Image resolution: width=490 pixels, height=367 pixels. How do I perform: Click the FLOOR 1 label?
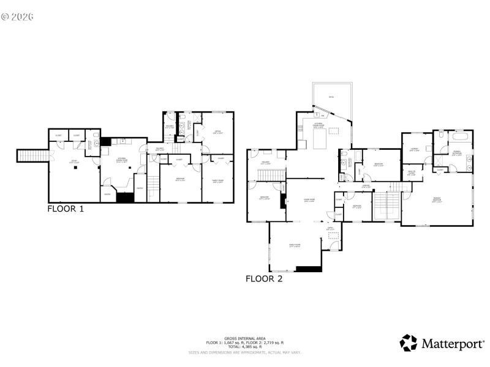point(66,209)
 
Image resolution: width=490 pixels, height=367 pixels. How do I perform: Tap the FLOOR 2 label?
point(264,279)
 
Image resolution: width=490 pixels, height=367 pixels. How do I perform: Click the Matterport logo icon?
point(409,343)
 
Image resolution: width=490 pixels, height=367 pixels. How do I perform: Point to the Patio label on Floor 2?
point(331,97)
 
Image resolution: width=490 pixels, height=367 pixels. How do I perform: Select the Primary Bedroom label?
point(436,200)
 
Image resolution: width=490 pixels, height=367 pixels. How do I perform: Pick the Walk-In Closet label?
point(412,172)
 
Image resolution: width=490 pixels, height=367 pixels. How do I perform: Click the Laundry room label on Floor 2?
point(413,149)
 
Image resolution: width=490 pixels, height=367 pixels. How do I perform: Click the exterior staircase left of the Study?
point(32,156)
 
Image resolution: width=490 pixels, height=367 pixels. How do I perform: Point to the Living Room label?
point(301,200)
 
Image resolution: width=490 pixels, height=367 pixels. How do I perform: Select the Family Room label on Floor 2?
point(295,246)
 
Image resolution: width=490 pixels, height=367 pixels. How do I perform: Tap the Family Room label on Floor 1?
point(217,180)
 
